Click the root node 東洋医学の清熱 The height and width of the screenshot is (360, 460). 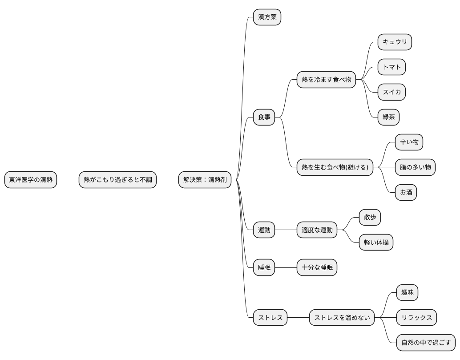point(31,180)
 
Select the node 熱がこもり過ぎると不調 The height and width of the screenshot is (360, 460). point(117,180)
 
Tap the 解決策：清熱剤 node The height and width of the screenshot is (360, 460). point(205,180)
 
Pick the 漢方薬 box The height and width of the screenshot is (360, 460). point(267,17)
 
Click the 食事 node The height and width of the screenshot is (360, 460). point(264,117)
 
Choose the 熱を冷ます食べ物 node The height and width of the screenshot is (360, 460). point(326,80)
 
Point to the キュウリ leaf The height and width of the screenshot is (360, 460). point(395,42)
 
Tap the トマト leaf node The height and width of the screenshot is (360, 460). point(391,67)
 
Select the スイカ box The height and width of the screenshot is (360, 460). point(391,92)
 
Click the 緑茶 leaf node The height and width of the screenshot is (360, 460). point(388,117)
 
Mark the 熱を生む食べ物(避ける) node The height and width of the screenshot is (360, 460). point(335,167)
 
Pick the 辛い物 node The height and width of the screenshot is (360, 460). point(409,142)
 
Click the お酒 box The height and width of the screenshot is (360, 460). point(406,193)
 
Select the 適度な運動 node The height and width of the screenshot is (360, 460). point(317,230)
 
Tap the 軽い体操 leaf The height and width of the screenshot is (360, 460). point(376,243)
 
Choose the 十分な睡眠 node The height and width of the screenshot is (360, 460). point(317,267)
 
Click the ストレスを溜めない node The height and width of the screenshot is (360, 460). point(342,317)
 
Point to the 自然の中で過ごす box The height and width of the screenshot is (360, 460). point(426,343)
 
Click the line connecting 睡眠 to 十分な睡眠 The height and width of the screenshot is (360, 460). point(286,267)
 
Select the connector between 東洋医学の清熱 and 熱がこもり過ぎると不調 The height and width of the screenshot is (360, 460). point(68,180)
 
